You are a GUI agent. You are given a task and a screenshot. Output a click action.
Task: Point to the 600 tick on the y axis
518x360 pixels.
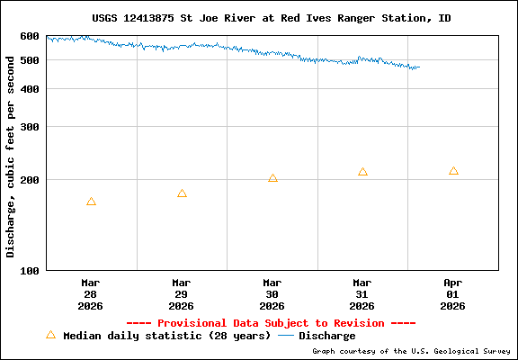[x=30, y=36]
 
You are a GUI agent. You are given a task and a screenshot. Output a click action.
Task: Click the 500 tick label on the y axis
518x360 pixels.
[x=30, y=60]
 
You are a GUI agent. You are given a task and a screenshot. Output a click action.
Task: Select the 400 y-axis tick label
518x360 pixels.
[x=30, y=89]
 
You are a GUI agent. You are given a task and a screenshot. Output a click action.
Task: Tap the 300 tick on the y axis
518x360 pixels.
[x=30, y=127]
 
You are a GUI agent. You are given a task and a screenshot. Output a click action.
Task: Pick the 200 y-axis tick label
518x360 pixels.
[x=30, y=180]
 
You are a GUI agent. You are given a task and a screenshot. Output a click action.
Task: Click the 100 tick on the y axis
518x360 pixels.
[x=30, y=270]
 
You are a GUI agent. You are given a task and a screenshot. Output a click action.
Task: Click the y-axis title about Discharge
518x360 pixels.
[x=11, y=153]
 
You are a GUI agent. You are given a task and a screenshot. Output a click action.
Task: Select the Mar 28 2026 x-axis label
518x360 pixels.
[x=91, y=294]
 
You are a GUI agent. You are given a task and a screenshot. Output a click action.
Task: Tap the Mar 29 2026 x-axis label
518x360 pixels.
[x=182, y=294]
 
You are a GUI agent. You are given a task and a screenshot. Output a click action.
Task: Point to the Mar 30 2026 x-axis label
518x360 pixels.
[x=272, y=294]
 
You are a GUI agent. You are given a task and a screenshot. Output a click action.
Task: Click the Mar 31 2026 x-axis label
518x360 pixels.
[x=362, y=294]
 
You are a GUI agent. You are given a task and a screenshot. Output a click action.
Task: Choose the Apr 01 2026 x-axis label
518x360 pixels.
[x=453, y=294]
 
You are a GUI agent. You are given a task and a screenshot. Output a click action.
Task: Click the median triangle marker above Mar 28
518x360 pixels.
[x=91, y=202]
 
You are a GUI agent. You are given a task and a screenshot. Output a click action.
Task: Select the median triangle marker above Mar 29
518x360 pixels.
[x=182, y=193]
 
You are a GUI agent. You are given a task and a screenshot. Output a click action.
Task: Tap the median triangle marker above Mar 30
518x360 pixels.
[x=272, y=178]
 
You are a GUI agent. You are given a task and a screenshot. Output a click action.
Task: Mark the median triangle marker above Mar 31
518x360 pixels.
[x=362, y=172]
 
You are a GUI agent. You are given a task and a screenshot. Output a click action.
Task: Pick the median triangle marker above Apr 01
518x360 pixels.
[x=453, y=171]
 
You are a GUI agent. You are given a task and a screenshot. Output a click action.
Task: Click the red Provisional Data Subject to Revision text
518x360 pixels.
[x=271, y=323]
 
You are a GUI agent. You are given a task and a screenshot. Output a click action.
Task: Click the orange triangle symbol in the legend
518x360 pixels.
[x=50, y=335]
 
